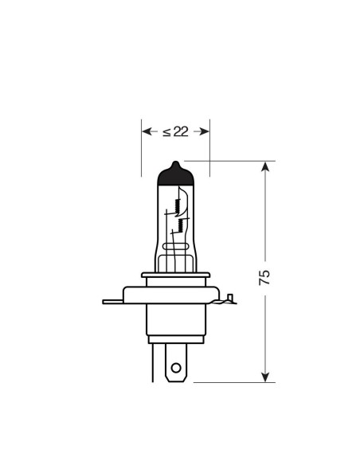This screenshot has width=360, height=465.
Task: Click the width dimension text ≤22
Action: [x=175, y=131]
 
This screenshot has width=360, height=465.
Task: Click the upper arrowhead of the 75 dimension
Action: [x=266, y=166]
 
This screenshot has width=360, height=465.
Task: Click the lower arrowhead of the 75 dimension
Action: [x=266, y=376]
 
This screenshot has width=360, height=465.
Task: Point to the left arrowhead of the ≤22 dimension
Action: [x=146, y=131]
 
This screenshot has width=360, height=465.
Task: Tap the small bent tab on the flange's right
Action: [x=229, y=299]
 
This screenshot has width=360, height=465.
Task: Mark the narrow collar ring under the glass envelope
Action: [x=175, y=276]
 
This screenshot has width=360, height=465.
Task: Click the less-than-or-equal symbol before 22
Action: [x=166, y=131]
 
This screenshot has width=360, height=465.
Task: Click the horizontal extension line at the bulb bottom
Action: [x=231, y=382]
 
